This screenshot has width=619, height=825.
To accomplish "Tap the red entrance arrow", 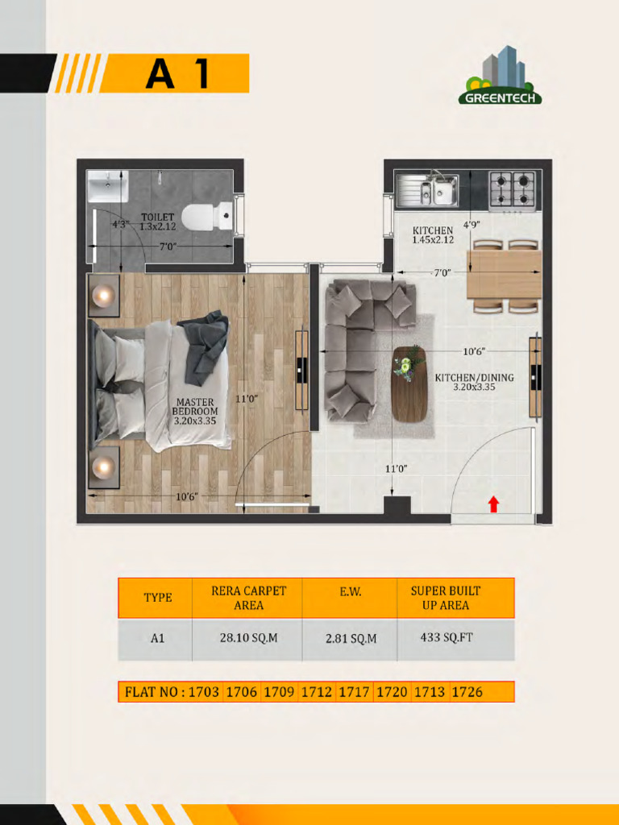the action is pyautogui.click(x=493, y=504).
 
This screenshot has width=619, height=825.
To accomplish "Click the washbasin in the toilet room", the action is pyautogui.click(x=108, y=186).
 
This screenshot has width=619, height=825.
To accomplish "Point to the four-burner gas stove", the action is pyautogui.click(x=512, y=190).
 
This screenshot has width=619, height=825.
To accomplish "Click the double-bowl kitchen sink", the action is pyautogui.click(x=427, y=189).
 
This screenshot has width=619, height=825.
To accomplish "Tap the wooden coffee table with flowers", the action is pyautogui.click(x=409, y=383).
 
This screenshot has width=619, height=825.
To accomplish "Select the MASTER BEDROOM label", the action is pyautogui.click(x=195, y=412).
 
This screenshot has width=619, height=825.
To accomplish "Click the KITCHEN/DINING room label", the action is pyautogui.click(x=474, y=382).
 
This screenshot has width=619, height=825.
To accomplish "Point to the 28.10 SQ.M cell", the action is pyautogui.click(x=248, y=638).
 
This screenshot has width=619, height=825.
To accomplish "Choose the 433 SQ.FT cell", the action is pyautogui.click(x=447, y=637).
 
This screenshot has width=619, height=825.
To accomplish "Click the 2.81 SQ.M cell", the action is pyautogui.click(x=351, y=639).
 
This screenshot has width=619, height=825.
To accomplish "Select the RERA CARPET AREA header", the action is pyautogui.click(x=248, y=598).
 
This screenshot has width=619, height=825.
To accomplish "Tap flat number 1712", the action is pyautogui.click(x=316, y=691).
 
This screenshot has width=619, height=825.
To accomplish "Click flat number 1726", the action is pyautogui.click(x=467, y=691).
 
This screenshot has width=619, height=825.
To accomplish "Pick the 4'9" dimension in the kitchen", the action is pyautogui.click(x=471, y=224).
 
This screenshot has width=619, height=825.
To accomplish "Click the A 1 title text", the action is pyautogui.click(x=178, y=73).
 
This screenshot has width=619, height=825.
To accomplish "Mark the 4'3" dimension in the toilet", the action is pyautogui.click(x=121, y=224).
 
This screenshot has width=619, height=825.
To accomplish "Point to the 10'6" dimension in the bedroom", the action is pyautogui.click(x=187, y=496).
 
